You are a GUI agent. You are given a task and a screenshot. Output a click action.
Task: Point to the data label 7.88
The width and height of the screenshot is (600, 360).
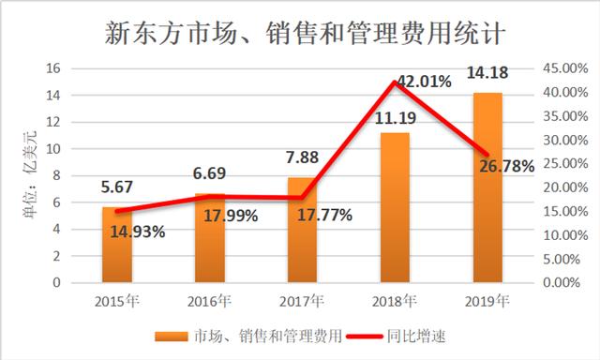(x=303, y=157)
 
